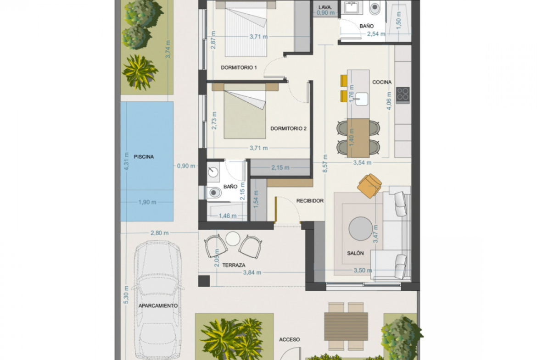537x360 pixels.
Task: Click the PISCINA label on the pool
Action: click(x=144, y=157)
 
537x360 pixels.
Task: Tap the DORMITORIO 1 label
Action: click(x=239, y=67)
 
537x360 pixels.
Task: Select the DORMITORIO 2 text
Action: click(x=288, y=129)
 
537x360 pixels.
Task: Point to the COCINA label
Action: click(x=382, y=82)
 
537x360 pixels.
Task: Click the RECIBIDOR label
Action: click(x=310, y=201)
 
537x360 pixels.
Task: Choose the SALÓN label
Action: click(x=356, y=253)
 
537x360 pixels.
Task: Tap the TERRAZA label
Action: click(x=234, y=265)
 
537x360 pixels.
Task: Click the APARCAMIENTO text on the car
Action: click(x=158, y=305)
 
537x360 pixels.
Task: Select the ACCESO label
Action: click(x=290, y=339)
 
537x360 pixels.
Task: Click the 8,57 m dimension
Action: click(x=325, y=163)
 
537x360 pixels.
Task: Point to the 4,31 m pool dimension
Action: click(x=126, y=161)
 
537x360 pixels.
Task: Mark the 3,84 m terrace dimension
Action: click(x=252, y=273)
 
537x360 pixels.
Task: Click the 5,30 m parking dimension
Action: click(x=126, y=294)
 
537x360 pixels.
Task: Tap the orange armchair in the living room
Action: click(x=369, y=186)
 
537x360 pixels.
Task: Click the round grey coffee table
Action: click(x=361, y=229)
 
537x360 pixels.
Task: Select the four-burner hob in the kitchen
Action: click(x=403, y=95)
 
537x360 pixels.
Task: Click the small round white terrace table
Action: click(x=233, y=238)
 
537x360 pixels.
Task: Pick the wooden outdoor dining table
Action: click(x=346, y=326)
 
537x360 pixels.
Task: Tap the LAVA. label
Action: click(x=325, y=7)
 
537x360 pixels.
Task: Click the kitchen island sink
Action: click(x=361, y=99)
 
